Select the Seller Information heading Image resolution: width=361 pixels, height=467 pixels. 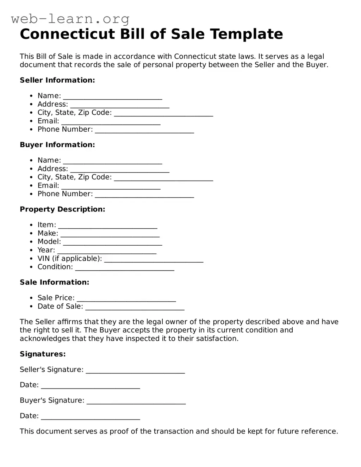pyautogui.click(x=57, y=80)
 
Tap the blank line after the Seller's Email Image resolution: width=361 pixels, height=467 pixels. pyautogui.click(x=111, y=122)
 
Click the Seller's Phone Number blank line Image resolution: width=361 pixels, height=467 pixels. pyautogui.click(x=144, y=130)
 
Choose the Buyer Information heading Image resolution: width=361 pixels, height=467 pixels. pyautogui.click(x=57, y=145)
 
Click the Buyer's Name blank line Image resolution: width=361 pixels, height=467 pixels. pyautogui.click(x=112, y=161)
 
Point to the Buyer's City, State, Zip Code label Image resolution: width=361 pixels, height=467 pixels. pyautogui.click(x=74, y=177)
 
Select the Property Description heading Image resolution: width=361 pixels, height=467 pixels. pyautogui.click(x=62, y=209)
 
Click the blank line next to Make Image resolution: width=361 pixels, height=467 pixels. pyautogui.click(x=110, y=234)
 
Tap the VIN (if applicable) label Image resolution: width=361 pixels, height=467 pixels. pyautogui.click(x=69, y=259)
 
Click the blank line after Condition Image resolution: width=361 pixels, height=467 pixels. pyautogui.click(x=125, y=268)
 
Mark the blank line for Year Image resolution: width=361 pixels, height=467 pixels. pyautogui.click(x=107, y=251)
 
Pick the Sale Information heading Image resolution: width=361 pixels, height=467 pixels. pyautogui.click(x=55, y=282)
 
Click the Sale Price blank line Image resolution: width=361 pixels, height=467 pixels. pyautogui.click(x=126, y=299)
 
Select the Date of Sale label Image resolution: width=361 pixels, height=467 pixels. pyautogui.click(x=60, y=306)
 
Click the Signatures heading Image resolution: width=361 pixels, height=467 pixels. pyautogui.click(x=43, y=354)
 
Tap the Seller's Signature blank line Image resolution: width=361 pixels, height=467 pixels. pyautogui.click(x=135, y=371)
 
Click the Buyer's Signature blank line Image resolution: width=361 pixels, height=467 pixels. pyautogui.click(x=136, y=402)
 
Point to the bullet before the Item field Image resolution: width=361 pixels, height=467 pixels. pyautogui.click(x=31, y=225)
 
